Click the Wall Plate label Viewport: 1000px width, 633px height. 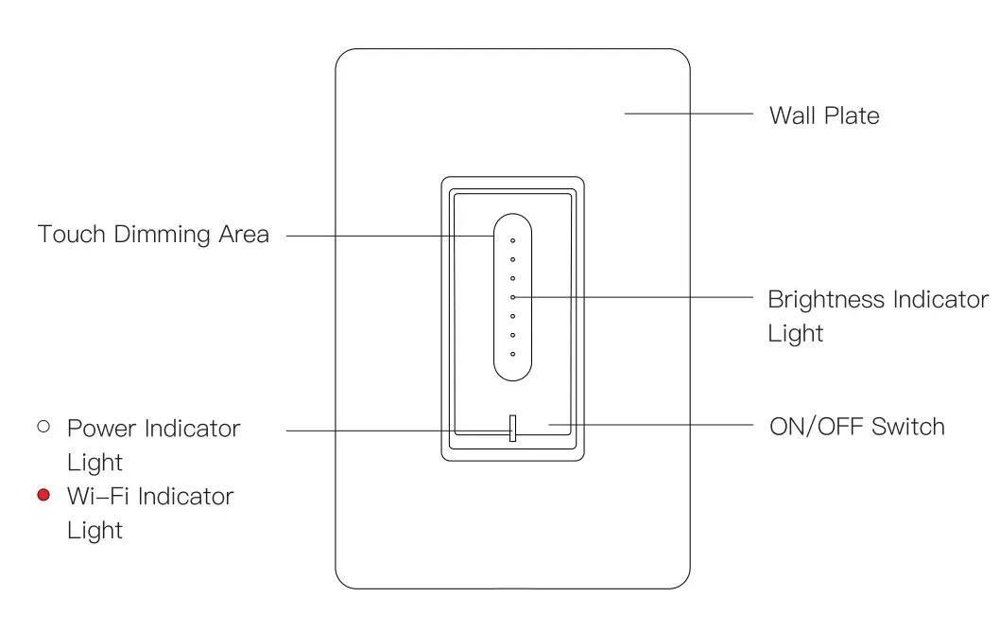coord(824,115)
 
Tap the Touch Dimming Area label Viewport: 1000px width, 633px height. coord(153,234)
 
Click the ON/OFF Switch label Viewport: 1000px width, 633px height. coord(856,426)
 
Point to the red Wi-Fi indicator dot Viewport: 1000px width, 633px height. coord(43,495)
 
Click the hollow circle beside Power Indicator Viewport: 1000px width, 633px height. coord(43,427)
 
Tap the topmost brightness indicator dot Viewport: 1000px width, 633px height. coord(512,240)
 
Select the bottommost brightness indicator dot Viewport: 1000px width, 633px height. coord(512,354)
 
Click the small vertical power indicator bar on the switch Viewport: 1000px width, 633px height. coord(512,428)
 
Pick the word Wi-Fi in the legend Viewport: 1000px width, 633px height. coord(94,496)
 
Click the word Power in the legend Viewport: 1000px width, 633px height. coord(102,428)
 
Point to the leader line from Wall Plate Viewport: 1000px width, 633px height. coord(688,114)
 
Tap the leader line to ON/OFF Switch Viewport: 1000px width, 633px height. coord(652,425)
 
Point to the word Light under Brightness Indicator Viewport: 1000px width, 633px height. coord(795,334)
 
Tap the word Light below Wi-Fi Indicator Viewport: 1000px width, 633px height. coord(95,530)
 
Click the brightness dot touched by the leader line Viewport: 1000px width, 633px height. coord(512,297)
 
